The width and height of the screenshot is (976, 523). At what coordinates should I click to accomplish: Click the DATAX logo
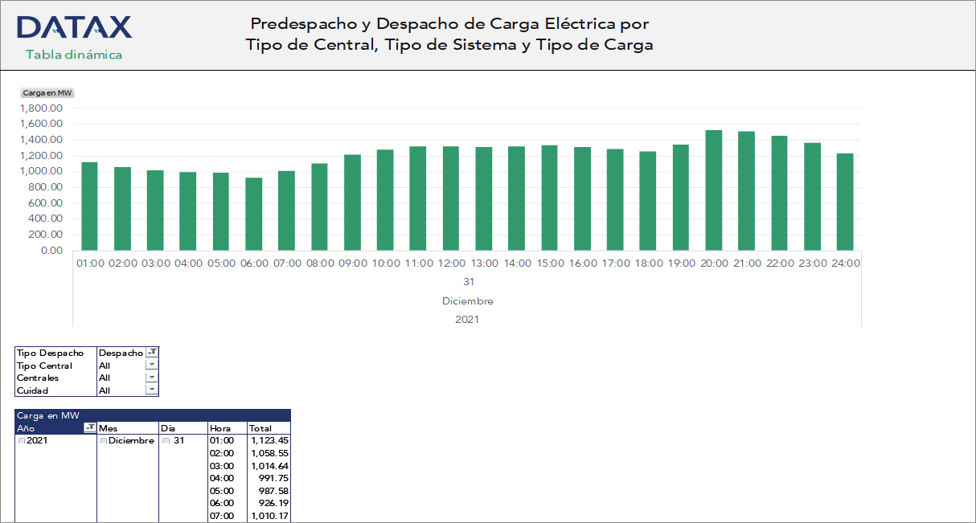click(74, 27)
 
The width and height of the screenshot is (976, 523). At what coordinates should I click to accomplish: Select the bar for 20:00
click(713, 190)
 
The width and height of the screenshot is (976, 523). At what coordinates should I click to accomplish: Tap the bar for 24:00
click(844, 202)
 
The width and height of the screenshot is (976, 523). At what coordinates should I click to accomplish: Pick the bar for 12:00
click(451, 198)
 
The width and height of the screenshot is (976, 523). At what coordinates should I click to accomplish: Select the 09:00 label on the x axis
click(352, 264)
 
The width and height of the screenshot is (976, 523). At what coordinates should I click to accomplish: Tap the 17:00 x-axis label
click(615, 264)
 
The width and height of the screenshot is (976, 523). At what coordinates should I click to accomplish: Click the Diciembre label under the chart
click(467, 301)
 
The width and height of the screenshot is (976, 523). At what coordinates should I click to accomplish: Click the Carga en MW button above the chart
click(47, 93)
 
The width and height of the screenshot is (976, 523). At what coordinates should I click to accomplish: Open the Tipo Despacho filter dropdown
click(152, 353)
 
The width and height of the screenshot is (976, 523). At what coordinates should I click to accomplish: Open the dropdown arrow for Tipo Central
click(152, 366)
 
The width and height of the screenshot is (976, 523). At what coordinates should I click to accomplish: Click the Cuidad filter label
click(33, 390)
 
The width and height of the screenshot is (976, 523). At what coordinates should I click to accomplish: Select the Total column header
click(260, 428)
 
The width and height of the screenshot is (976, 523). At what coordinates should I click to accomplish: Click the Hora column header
click(220, 428)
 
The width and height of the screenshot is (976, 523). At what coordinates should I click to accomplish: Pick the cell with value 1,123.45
click(269, 440)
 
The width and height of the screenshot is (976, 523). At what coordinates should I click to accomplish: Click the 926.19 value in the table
click(273, 503)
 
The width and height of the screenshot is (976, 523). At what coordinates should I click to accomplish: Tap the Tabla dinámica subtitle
click(74, 55)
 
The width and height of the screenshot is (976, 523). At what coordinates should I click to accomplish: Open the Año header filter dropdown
click(90, 428)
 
